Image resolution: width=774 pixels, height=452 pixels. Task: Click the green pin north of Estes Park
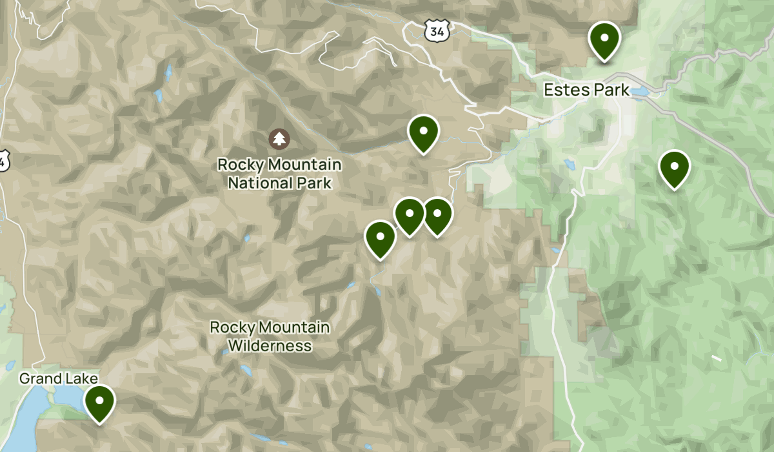click(x=604, y=39)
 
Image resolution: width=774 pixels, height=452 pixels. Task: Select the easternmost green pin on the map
click(x=674, y=167)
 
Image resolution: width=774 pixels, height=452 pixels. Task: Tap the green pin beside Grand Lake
click(x=99, y=402)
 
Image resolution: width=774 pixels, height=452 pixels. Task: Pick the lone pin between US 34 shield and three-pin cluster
click(x=423, y=132)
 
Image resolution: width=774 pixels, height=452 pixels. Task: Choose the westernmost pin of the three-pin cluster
click(x=380, y=238)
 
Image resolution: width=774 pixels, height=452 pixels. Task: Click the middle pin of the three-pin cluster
click(x=409, y=215)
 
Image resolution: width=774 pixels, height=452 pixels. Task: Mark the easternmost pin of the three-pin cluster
click(x=437, y=215)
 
